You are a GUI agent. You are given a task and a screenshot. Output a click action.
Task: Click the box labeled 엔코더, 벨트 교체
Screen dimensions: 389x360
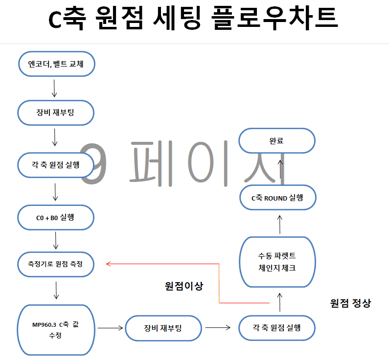57,64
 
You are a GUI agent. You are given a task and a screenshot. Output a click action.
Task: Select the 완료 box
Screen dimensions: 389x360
277,140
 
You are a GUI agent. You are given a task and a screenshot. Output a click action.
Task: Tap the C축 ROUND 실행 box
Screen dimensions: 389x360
278,198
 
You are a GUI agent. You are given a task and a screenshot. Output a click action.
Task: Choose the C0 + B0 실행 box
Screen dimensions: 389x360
56,218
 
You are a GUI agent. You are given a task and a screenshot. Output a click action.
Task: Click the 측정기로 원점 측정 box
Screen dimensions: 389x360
56,264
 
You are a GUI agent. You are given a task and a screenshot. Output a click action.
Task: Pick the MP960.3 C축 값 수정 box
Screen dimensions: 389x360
56,330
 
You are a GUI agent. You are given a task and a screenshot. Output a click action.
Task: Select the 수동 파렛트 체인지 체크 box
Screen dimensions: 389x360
277,262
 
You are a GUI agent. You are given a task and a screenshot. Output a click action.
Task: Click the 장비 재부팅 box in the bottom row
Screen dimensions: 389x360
163,328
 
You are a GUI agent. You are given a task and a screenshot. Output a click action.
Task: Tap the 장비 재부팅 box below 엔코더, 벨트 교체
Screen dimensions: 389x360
56,113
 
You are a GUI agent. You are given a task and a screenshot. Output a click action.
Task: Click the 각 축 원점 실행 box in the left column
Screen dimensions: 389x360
56,165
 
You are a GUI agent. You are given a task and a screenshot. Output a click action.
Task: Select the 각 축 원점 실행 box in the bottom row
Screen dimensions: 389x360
277,328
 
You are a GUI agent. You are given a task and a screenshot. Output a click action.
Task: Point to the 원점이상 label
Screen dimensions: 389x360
184,286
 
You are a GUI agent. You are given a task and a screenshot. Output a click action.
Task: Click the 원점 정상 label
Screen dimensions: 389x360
350,303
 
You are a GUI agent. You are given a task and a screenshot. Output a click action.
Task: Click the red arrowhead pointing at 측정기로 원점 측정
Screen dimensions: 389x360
108,264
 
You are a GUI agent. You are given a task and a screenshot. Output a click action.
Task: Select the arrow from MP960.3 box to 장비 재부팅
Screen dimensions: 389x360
110,328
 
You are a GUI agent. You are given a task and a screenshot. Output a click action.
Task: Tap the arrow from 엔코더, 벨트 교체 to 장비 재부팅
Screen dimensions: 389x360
54,88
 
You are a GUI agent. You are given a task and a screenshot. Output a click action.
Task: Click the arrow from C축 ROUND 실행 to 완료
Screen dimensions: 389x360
280,169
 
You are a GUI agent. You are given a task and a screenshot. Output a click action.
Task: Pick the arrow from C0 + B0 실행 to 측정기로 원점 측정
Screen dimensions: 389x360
56,241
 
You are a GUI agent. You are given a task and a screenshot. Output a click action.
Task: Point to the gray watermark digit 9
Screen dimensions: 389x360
93,164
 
